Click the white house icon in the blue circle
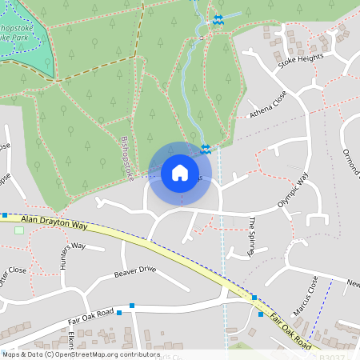(x=180, y=172)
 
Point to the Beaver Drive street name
(x=134, y=270)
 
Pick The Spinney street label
(x=252, y=235)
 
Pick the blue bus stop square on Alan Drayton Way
(x=5, y=214)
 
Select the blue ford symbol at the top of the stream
(x=218, y=19)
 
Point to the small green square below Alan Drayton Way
(x=19, y=230)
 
